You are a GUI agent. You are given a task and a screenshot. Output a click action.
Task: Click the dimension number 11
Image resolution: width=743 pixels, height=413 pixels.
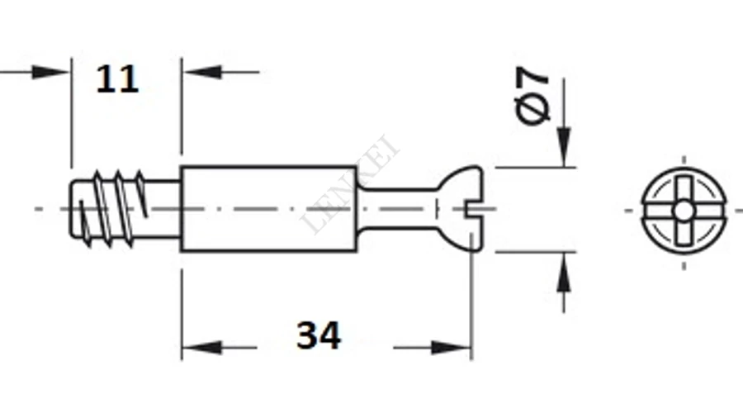[x=117, y=79]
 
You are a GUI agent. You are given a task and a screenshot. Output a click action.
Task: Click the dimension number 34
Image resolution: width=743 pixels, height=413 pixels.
[x=319, y=335]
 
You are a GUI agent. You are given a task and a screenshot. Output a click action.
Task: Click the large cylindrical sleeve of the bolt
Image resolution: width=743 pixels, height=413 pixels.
[x=268, y=209]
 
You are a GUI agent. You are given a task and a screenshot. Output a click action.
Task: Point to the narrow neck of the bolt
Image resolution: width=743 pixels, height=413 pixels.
[x=397, y=209]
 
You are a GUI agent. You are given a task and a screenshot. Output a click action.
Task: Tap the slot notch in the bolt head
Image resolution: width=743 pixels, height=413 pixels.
[x=474, y=209]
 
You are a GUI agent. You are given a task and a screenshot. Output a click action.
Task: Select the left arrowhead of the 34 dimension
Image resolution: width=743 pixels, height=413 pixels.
[x=201, y=348]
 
